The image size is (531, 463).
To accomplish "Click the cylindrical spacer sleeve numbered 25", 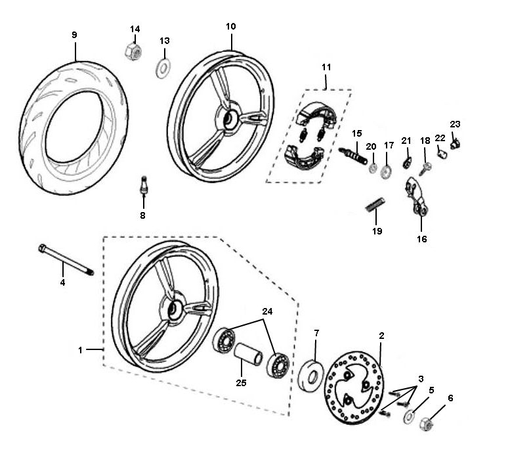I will tap(248, 353).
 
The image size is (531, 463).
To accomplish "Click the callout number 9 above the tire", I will tap(74, 34).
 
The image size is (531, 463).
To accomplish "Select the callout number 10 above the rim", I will tap(230, 26).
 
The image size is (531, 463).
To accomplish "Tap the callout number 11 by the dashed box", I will tap(326, 67).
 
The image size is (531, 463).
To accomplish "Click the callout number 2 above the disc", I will tap(381, 335).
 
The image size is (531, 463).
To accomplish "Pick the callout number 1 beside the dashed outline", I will tap(81, 350).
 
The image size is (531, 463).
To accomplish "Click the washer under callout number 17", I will tap(386, 171).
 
